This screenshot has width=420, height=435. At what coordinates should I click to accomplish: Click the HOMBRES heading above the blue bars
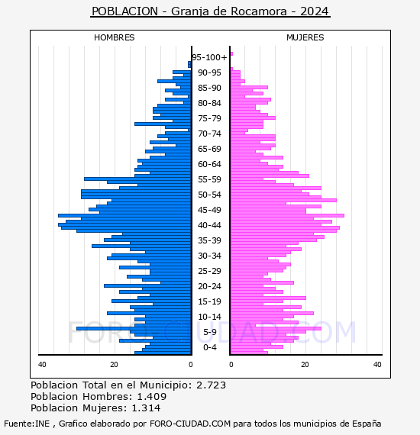[x=114, y=37]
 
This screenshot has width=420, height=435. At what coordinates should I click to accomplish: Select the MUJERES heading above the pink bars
[x=305, y=37]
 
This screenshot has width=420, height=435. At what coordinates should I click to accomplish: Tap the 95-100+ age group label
[x=209, y=57]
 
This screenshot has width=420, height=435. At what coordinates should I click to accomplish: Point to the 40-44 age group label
[x=209, y=225]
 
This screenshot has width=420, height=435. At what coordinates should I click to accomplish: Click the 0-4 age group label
[x=210, y=347]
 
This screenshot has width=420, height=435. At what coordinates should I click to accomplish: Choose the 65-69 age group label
[x=209, y=149]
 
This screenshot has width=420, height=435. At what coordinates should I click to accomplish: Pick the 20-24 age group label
[x=209, y=286]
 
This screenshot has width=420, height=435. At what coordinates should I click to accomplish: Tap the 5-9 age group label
[x=210, y=332]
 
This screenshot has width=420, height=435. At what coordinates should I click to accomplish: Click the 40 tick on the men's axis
[x=42, y=365]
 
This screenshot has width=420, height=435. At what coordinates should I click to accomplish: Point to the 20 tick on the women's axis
[x=305, y=365]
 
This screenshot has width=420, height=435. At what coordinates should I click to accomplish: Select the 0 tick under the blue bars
[x=191, y=365]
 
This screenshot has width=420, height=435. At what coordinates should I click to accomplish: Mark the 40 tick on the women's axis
[x=377, y=365]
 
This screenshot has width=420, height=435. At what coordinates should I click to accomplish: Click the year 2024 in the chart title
[x=315, y=11]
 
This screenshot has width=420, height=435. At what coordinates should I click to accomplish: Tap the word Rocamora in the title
[x=259, y=11]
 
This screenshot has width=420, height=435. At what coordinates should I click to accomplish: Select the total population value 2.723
[x=212, y=385]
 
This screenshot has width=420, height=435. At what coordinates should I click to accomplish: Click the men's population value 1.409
[x=152, y=396]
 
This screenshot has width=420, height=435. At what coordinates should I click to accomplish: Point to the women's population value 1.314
[x=146, y=408]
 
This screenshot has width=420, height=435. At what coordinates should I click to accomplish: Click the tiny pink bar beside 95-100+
[x=232, y=54]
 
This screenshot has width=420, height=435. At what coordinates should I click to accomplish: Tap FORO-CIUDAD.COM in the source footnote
[x=190, y=424]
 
